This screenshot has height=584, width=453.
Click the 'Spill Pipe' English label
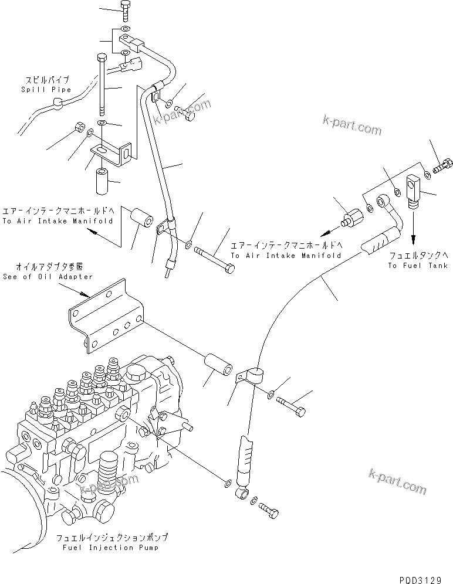45,90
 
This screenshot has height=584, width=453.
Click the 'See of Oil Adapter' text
48,276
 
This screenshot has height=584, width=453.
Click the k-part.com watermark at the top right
351,125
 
